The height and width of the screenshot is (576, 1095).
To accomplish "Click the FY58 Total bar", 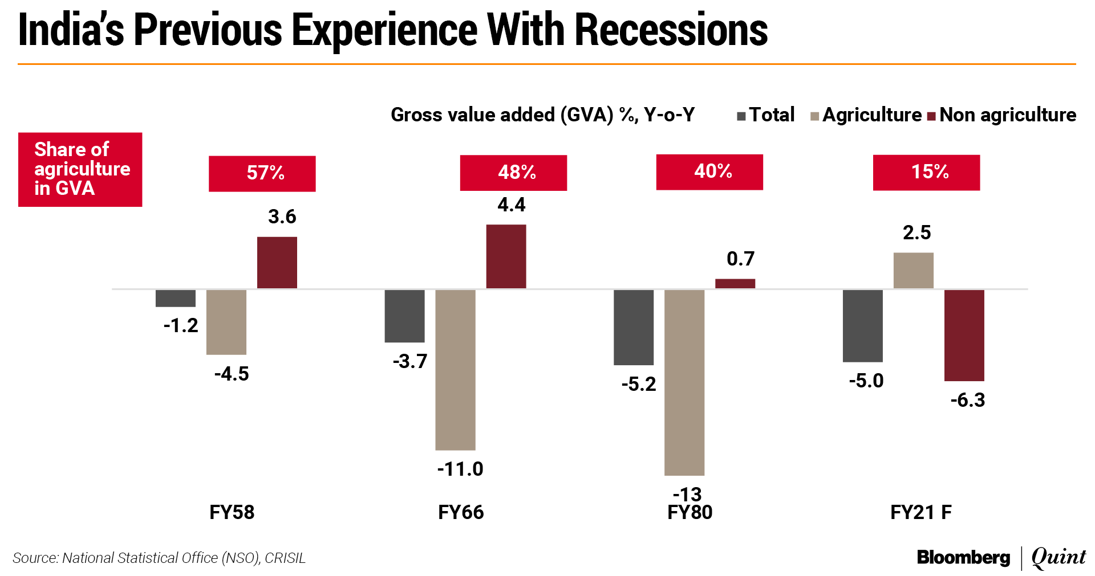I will pos(176,298).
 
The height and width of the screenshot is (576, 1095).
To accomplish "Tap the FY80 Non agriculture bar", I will pos(735,283).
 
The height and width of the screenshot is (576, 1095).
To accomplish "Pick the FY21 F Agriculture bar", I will pos(913,271).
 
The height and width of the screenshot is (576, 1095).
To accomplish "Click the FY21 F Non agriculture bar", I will pos(964,335).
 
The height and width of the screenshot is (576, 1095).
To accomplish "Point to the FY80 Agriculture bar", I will pos(684,382).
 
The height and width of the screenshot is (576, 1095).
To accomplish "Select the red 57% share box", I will pos(262,173).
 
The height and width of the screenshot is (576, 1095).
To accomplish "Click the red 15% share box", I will pos(926,172).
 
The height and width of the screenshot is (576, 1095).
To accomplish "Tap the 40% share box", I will pos(709,171).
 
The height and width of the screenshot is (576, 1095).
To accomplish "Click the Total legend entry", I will pos(766,115).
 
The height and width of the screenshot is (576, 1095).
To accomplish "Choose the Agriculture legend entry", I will pos(866,115).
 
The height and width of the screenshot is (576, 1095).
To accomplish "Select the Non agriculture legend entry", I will pos(1002,115).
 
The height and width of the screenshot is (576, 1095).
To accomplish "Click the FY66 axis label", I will pos(461,512).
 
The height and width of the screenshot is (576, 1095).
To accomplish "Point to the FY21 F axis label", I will pos(920,512).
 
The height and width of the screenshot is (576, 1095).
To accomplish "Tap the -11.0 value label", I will pos(460,469).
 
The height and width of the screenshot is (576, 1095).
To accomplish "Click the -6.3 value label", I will pos(967,400).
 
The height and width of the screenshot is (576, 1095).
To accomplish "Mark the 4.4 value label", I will pos(511,205).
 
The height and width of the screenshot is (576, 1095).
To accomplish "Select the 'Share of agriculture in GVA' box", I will pos(80,169).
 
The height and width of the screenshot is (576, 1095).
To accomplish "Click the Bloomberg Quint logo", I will pos(1001,557).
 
